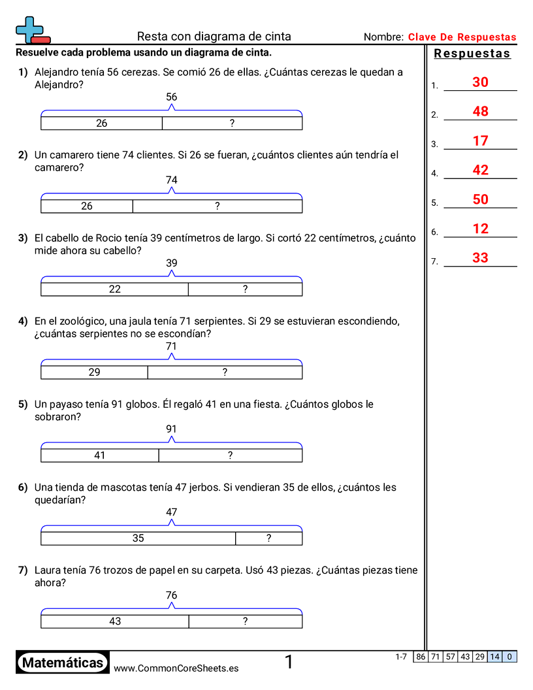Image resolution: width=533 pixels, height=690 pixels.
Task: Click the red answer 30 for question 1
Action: point(480,82)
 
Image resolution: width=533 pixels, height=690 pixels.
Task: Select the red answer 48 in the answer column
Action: point(480,112)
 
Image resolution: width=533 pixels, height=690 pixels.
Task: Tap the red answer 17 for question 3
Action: point(480,141)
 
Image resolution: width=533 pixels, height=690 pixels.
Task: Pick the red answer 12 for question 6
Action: point(480,229)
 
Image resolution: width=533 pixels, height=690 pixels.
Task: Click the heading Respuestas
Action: point(472,54)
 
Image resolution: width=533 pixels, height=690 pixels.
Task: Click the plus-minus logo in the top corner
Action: point(32,30)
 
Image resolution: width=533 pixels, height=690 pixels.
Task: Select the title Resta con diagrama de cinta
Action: point(214,37)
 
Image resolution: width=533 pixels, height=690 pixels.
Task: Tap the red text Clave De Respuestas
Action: point(462,37)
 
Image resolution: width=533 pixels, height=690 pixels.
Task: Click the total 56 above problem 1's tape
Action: point(172,97)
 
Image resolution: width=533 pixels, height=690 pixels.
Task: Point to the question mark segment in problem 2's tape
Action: point(218,206)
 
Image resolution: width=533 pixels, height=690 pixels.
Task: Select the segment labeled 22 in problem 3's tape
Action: point(115,289)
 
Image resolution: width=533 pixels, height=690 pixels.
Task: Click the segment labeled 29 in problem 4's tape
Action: point(95,372)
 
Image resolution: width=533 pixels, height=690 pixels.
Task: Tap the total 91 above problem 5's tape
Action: point(172,429)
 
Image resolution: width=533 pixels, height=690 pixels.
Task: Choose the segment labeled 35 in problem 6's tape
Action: point(138,538)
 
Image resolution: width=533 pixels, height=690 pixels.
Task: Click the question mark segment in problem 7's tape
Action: point(245,621)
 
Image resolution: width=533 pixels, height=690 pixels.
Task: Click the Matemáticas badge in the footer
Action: point(63,663)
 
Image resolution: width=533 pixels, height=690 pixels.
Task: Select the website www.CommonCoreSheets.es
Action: point(176,668)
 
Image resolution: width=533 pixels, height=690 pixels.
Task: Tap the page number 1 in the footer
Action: point(289,663)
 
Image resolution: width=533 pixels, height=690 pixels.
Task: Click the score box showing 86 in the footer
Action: point(421,657)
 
